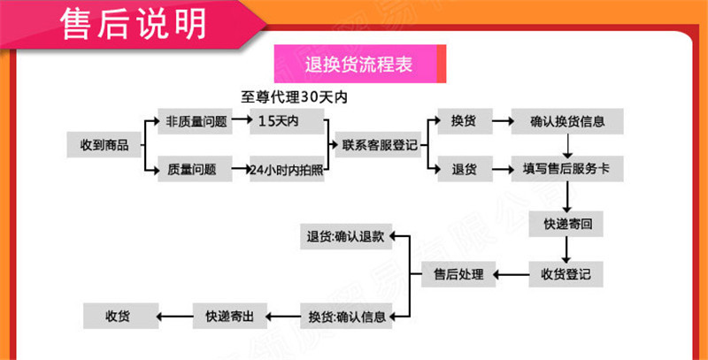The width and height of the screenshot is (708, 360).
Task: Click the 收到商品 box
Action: click(x=104, y=144)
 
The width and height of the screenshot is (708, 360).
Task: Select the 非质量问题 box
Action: click(x=196, y=121)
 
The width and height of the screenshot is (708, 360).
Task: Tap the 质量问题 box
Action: click(x=196, y=169)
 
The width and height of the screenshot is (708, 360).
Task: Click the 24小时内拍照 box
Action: click(x=286, y=169)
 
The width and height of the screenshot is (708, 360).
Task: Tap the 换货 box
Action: click(x=465, y=121)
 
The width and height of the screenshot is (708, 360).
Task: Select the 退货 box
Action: click(x=465, y=169)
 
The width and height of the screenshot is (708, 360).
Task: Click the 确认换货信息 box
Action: click(x=567, y=121)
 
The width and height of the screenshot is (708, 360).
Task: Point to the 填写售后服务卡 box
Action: click(x=567, y=169)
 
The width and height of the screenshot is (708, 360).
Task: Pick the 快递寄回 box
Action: click(x=567, y=225)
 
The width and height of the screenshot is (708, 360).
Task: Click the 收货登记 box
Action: click(x=566, y=274)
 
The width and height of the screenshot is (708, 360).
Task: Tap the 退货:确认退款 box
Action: click(x=346, y=236)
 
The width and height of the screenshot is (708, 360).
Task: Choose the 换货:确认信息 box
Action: click(x=346, y=316)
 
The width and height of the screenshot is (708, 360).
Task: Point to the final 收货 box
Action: click(x=121, y=316)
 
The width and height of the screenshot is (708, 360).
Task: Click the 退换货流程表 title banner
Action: click(x=358, y=65)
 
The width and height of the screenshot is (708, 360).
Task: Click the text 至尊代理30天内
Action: click(x=295, y=97)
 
